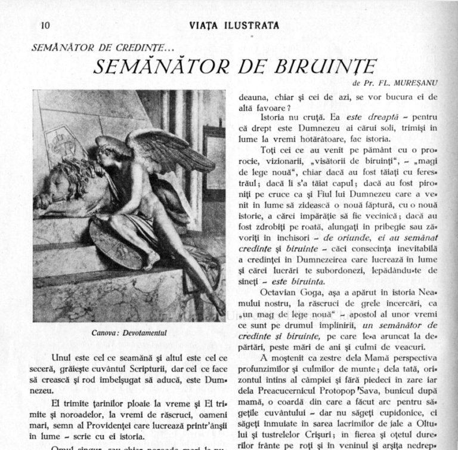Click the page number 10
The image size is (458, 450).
pyautogui.click(x=45, y=25)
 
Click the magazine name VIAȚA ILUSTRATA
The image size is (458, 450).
pyautogui.click(x=233, y=26)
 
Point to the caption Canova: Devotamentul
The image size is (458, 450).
pyautogui.click(x=129, y=332)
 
